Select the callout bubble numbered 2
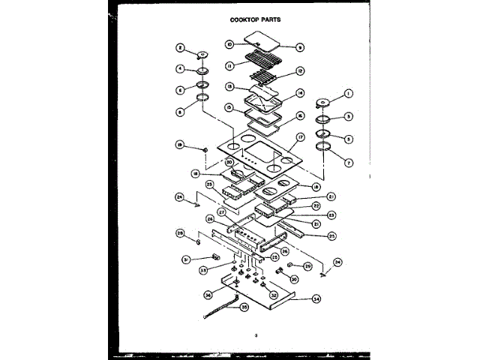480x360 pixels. click(x=180, y=47)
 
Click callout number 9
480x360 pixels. click(x=300, y=48)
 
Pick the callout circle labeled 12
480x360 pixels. click(x=300, y=72)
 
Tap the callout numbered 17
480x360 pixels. click(x=301, y=137)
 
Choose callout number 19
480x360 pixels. click(x=180, y=144)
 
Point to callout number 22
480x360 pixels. click(x=316, y=205)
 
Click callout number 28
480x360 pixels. click(x=180, y=232)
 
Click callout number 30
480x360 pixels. click(x=294, y=279)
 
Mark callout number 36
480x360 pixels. click(x=208, y=295)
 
